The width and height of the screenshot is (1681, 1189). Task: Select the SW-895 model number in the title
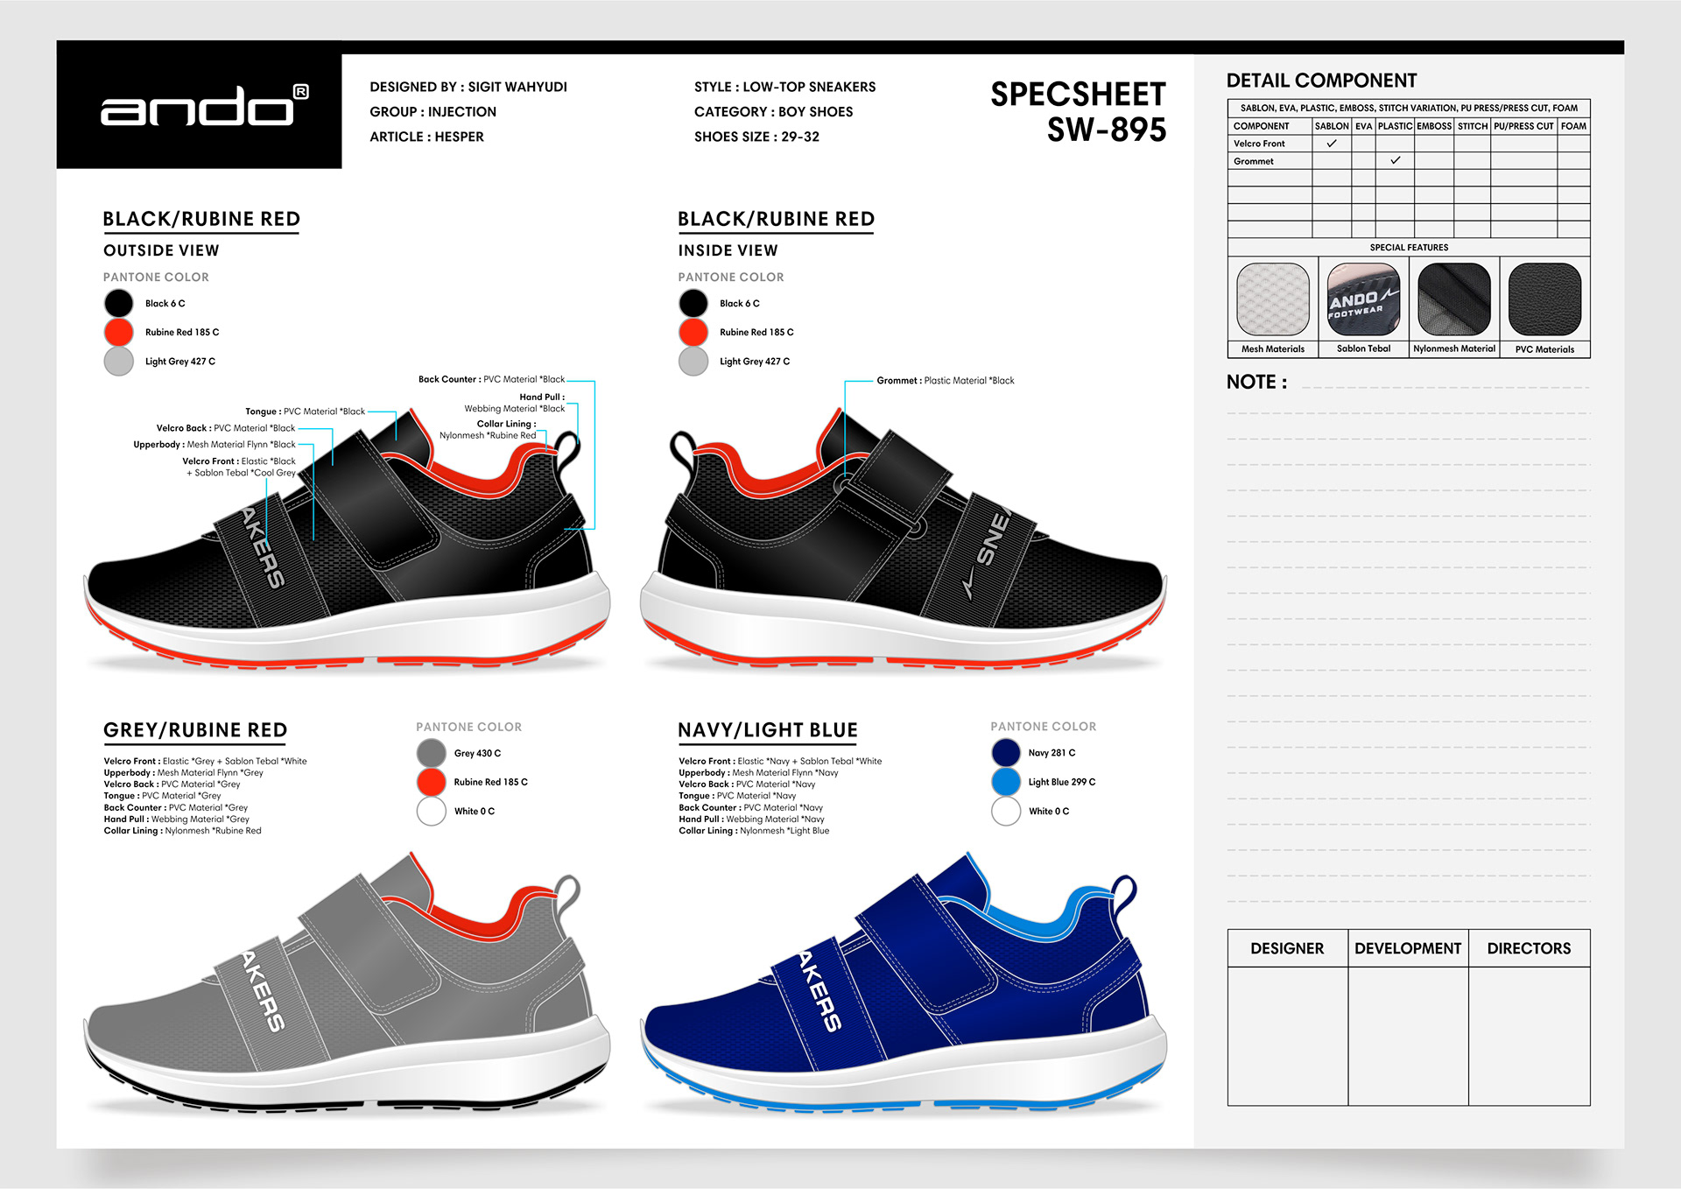(x=1107, y=130)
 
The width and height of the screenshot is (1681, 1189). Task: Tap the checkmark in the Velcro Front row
(x=1332, y=144)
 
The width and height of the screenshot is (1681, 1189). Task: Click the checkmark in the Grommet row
(x=1395, y=160)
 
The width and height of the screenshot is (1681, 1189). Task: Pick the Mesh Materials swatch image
(x=1273, y=299)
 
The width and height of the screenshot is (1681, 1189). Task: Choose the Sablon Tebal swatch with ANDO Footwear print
(x=1363, y=299)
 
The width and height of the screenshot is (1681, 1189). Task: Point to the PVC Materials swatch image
(x=1544, y=299)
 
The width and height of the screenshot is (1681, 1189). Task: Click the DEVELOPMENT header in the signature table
(x=1408, y=948)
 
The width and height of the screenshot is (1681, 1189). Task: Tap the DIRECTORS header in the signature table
(x=1529, y=948)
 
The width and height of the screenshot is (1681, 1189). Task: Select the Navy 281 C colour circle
(x=1006, y=752)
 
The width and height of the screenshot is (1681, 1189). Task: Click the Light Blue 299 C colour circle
(x=1006, y=782)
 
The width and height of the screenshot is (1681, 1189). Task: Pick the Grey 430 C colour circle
(x=431, y=752)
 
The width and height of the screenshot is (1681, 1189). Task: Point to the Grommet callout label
(x=945, y=381)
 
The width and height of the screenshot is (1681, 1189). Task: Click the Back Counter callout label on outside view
(x=491, y=379)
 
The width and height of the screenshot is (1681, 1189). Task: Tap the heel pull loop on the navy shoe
(x=1124, y=891)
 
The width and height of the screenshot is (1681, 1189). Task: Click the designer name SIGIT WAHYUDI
(x=517, y=87)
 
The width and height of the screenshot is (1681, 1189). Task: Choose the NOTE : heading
(x=1256, y=383)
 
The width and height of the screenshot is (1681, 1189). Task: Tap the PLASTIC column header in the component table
(x=1395, y=126)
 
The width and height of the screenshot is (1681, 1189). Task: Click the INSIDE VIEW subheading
(x=728, y=250)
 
